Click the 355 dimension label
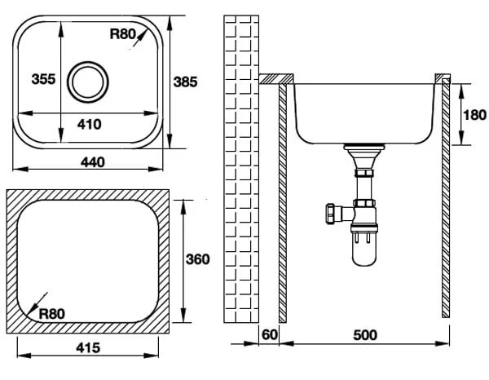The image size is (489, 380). click(43, 79)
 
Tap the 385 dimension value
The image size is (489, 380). click(185, 82)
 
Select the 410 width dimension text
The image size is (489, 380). click(90, 124)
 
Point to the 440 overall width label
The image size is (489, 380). click(93, 162)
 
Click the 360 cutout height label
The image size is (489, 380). click(198, 259)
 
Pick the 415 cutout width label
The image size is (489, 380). click(88, 347)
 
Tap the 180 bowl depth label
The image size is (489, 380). click(474, 115)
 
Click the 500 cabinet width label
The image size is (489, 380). click(365, 335)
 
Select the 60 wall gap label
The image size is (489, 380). click(270, 335)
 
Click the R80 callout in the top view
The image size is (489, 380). click(123, 34)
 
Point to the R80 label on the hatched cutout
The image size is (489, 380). click(52, 314)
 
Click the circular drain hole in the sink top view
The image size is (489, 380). click(88, 82)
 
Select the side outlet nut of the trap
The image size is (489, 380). click(330, 214)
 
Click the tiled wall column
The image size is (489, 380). click(241, 169)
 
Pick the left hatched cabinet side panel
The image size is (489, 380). click(283, 203)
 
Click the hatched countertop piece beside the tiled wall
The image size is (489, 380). click(276, 79)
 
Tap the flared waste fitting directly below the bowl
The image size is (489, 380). click(364, 157)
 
